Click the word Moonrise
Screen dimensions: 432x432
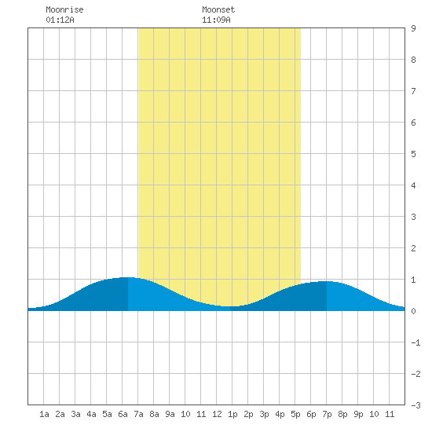64,9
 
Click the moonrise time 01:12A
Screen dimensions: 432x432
60,20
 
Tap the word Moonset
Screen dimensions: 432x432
218,9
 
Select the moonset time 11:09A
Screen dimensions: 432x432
216,20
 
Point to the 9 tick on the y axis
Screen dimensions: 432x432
413,28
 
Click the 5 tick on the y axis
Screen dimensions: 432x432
413,154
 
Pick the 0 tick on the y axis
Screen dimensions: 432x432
413,311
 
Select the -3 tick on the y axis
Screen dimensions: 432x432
416,405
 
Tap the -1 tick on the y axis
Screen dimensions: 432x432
416,342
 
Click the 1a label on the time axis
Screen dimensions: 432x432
44,414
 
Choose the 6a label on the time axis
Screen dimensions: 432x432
123,414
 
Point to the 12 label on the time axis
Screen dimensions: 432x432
217,414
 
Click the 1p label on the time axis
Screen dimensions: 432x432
232,414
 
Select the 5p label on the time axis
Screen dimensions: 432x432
295,414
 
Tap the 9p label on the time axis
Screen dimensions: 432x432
358,414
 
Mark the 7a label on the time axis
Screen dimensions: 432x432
138,414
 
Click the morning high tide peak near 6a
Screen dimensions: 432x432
128,277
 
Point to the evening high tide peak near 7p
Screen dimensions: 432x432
327,281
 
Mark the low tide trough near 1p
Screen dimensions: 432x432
230,306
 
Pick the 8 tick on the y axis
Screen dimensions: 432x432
413,60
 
